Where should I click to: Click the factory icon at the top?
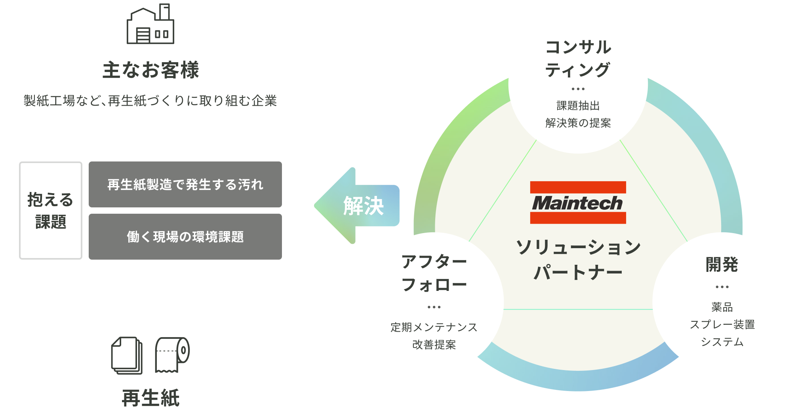point(150,25)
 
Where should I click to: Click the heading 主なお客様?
point(150,70)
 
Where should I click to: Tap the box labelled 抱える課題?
point(51,211)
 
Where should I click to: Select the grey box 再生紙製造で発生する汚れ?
point(185,184)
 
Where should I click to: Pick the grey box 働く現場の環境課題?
point(185,237)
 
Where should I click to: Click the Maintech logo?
point(578,203)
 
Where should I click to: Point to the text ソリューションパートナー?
point(578,260)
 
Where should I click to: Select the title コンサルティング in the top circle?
point(578,59)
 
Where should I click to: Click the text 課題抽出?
point(578,106)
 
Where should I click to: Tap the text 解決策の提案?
point(578,123)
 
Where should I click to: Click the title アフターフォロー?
point(434,273)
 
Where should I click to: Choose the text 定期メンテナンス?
point(434,327)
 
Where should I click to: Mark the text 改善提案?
point(434,345)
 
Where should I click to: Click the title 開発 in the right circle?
point(722,264)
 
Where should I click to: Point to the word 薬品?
point(722,307)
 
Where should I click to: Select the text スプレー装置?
point(722,325)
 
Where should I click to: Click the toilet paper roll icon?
point(172,355)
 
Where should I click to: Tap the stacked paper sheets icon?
point(127,355)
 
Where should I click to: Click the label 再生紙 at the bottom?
point(150,398)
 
